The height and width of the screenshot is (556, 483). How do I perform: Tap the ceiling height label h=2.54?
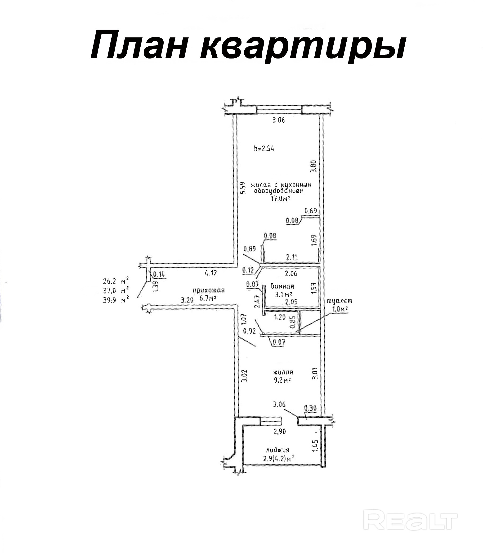[264, 148]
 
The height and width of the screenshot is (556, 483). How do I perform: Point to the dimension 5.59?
[243, 188]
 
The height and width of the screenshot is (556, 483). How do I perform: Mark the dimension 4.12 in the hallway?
[211, 273]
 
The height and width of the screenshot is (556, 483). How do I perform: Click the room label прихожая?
[209, 290]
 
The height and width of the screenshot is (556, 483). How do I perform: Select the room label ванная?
[282, 286]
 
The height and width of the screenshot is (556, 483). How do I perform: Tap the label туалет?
[339, 301]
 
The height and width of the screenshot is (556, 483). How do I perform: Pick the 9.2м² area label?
[282, 380]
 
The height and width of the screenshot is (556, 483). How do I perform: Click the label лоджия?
[278, 450]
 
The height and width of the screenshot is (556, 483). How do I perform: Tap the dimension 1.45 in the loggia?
[316, 445]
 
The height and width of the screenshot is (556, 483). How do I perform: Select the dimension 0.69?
[311, 211]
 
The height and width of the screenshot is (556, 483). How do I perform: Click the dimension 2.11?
[291, 257]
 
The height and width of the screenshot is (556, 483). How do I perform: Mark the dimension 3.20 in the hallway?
[187, 300]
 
